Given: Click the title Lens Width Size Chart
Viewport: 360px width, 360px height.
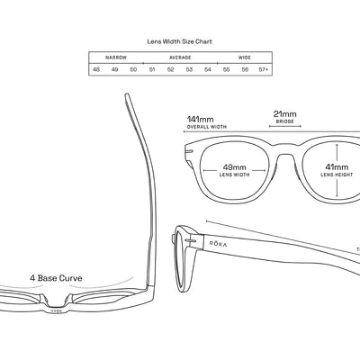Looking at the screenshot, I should pyautogui.click(x=179, y=41).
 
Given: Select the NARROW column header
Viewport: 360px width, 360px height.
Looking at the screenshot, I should pyautogui.click(x=115, y=56).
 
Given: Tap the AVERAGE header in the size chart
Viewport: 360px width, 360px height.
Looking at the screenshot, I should pyautogui.click(x=180, y=56).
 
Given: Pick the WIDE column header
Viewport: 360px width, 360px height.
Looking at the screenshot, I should pyautogui.click(x=244, y=56).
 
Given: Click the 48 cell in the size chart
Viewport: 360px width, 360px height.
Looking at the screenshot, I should pyautogui.click(x=96, y=69).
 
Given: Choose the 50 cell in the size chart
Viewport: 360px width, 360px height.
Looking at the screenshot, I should pyautogui.click(x=133, y=69).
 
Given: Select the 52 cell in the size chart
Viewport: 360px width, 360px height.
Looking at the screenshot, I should pyautogui.click(x=170, y=69).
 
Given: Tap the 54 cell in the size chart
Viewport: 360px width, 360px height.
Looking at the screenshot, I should pyautogui.click(x=207, y=69).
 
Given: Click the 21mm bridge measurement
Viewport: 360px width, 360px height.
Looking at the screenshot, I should pyautogui.click(x=284, y=115).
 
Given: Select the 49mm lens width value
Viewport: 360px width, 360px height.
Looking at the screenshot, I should pyautogui.click(x=233, y=166).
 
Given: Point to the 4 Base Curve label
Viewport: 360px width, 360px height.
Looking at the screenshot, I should pyautogui.click(x=56, y=279).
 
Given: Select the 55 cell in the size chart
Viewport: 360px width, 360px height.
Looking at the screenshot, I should pyautogui.click(x=226, y=69).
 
